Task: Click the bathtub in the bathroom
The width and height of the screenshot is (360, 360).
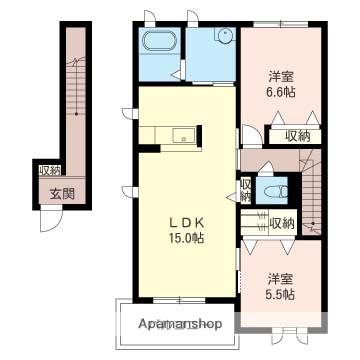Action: click(x=160, y=43)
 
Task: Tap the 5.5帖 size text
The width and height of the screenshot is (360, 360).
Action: click(x=281, y=295)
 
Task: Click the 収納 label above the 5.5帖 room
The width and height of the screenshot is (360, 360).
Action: click(x=283, y=223)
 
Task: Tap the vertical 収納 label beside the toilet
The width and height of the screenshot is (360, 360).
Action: click(x=246, y=189)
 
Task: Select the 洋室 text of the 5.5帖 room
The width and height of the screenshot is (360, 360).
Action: click(x=281, y=278)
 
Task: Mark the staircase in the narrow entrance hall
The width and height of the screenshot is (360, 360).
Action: click(x=73, y=100)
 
